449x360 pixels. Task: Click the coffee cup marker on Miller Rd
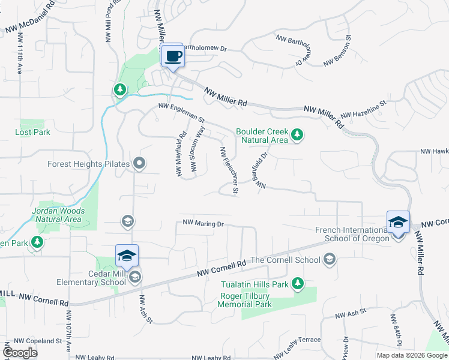tap(173, 56)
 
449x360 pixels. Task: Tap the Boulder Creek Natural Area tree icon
tap(297, 136)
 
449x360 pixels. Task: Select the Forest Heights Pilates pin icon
tap(139, 163)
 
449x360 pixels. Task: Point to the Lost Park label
tap(33, 132)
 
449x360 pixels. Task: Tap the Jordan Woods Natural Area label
tap(58, 215)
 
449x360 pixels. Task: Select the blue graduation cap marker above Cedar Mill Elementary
tap(127, 256)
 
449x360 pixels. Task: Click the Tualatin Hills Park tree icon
tap(297, 283)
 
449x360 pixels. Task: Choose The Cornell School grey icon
tap(328, 259)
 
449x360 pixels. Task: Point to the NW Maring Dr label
tap(203, 224)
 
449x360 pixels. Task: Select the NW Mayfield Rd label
tap(180, 154)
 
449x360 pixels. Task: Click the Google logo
tap(20, 353)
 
